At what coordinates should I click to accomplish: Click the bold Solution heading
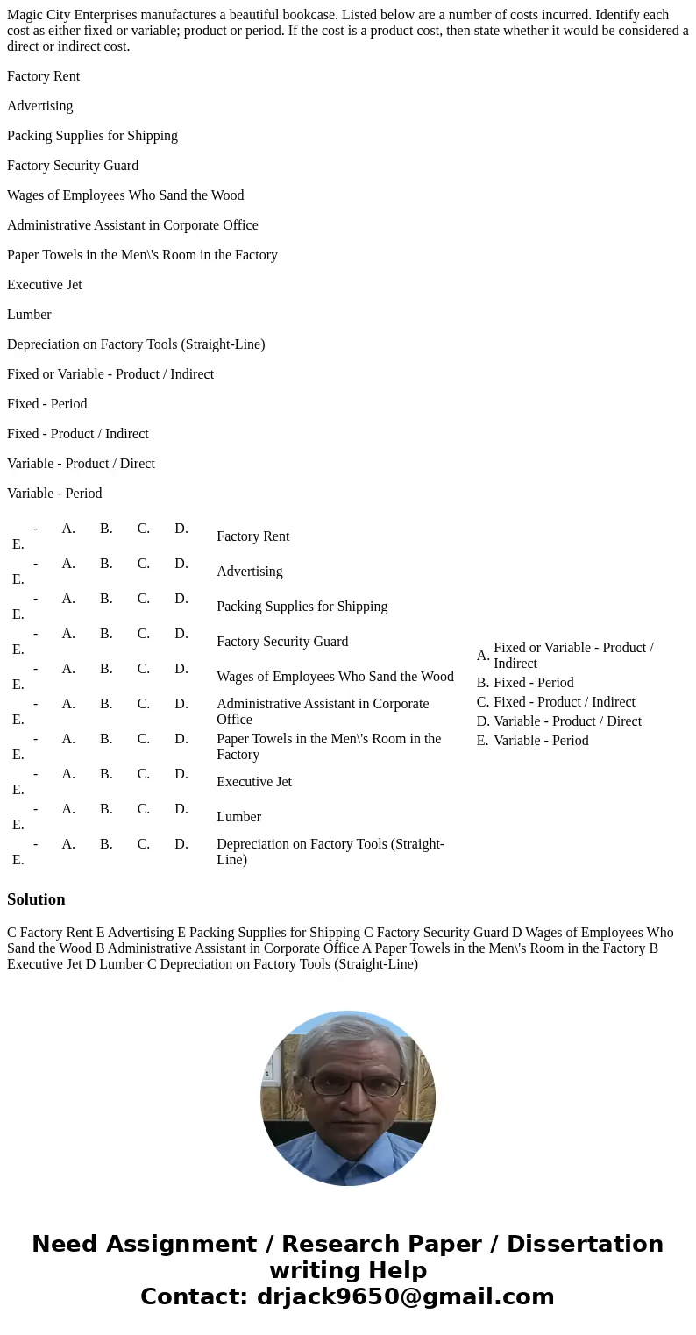click(36, 899)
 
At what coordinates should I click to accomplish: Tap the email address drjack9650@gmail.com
click(405, 1296)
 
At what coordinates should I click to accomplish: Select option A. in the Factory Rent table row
click(68, 529)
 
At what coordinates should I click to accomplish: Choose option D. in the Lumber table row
click(181, 809)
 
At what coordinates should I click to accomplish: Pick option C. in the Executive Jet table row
click(144, 774)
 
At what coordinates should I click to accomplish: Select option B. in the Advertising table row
click(106, 564)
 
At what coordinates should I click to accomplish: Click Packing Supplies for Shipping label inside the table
click(302, 607)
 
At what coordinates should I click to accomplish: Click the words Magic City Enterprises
click(75, 15)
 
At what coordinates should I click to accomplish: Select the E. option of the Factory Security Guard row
click(18, 650)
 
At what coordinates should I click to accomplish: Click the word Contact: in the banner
click(194, 1296)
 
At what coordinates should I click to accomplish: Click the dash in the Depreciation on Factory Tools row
click(35, 844)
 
